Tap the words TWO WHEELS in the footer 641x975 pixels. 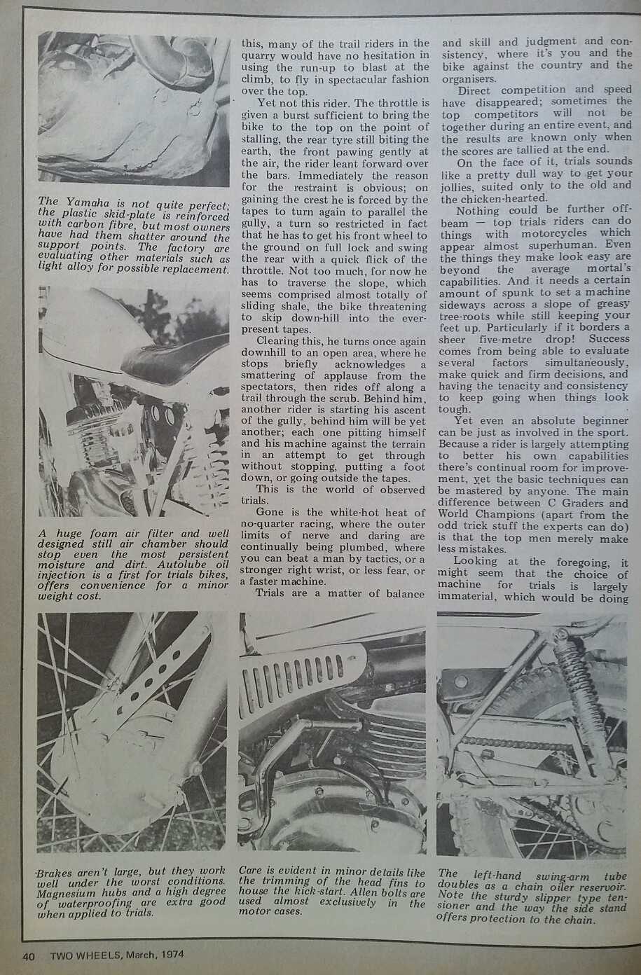pos(84,955)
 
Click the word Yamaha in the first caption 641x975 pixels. pos(84,203)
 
